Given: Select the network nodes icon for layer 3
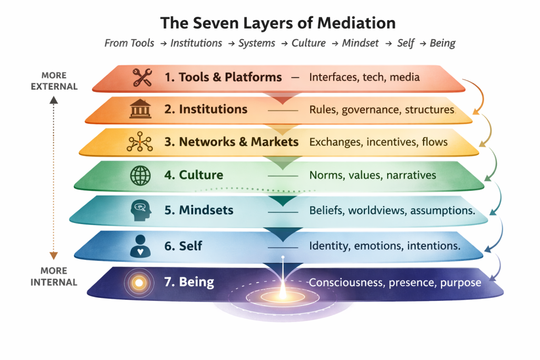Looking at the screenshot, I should tap(139, 143).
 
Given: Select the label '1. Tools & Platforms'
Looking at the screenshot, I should tap(223, 77).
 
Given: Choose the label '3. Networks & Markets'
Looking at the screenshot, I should tap(232, 142).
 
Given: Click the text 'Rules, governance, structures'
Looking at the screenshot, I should tap(381, 110).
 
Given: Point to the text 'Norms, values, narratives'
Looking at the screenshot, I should tap(373, 175).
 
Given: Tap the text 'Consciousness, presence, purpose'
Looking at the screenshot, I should tap(395, 283).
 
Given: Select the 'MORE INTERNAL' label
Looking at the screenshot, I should tap(54, 276).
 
